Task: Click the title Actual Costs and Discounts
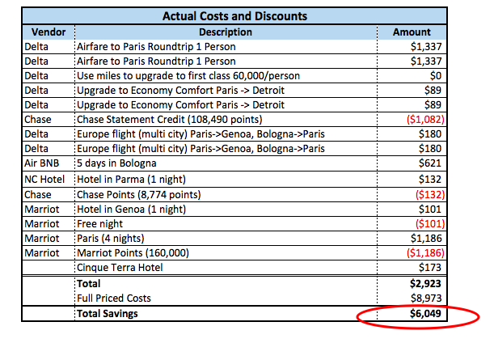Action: [x=234, y=15]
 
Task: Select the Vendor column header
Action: [x=48, y=32]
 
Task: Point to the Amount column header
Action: [x=412, y=32]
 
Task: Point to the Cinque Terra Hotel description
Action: [x=121, y=267]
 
